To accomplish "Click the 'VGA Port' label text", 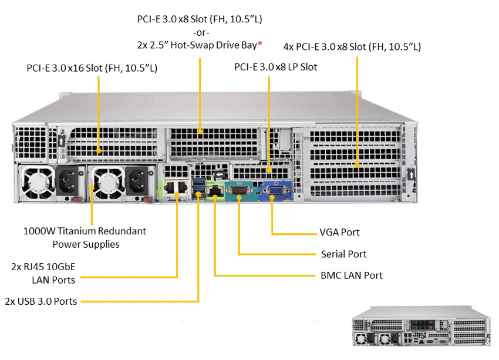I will (339, 233).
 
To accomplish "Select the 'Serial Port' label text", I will (343, 254).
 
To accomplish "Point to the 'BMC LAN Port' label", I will (351, 275).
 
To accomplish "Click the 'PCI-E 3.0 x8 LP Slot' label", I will (275, 67).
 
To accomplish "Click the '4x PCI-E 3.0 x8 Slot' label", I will (352, 46).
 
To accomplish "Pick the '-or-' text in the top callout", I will (200, 32).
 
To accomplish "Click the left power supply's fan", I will (37, 182).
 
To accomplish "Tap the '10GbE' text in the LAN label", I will (62, 267).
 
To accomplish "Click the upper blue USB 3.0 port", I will (197, 186).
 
